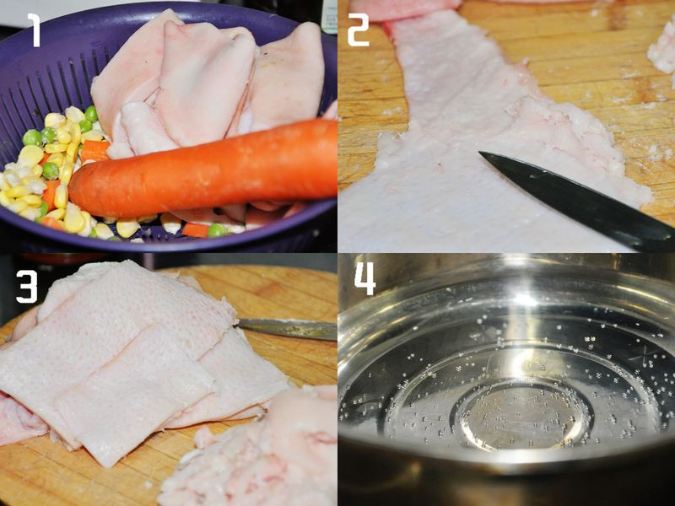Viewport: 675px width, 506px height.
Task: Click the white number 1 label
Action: [35, 30]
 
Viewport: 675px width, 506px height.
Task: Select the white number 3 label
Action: [27, 286]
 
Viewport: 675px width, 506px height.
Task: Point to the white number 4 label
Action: [365, 278]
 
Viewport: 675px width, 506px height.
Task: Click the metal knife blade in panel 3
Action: [287, 329]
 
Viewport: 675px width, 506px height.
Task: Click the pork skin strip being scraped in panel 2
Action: [473, 142]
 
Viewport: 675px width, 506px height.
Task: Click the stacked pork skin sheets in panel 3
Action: [129, 357]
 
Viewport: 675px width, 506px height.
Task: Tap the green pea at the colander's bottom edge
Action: [217, 230]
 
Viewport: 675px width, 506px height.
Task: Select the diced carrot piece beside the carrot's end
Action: [94, 151]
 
